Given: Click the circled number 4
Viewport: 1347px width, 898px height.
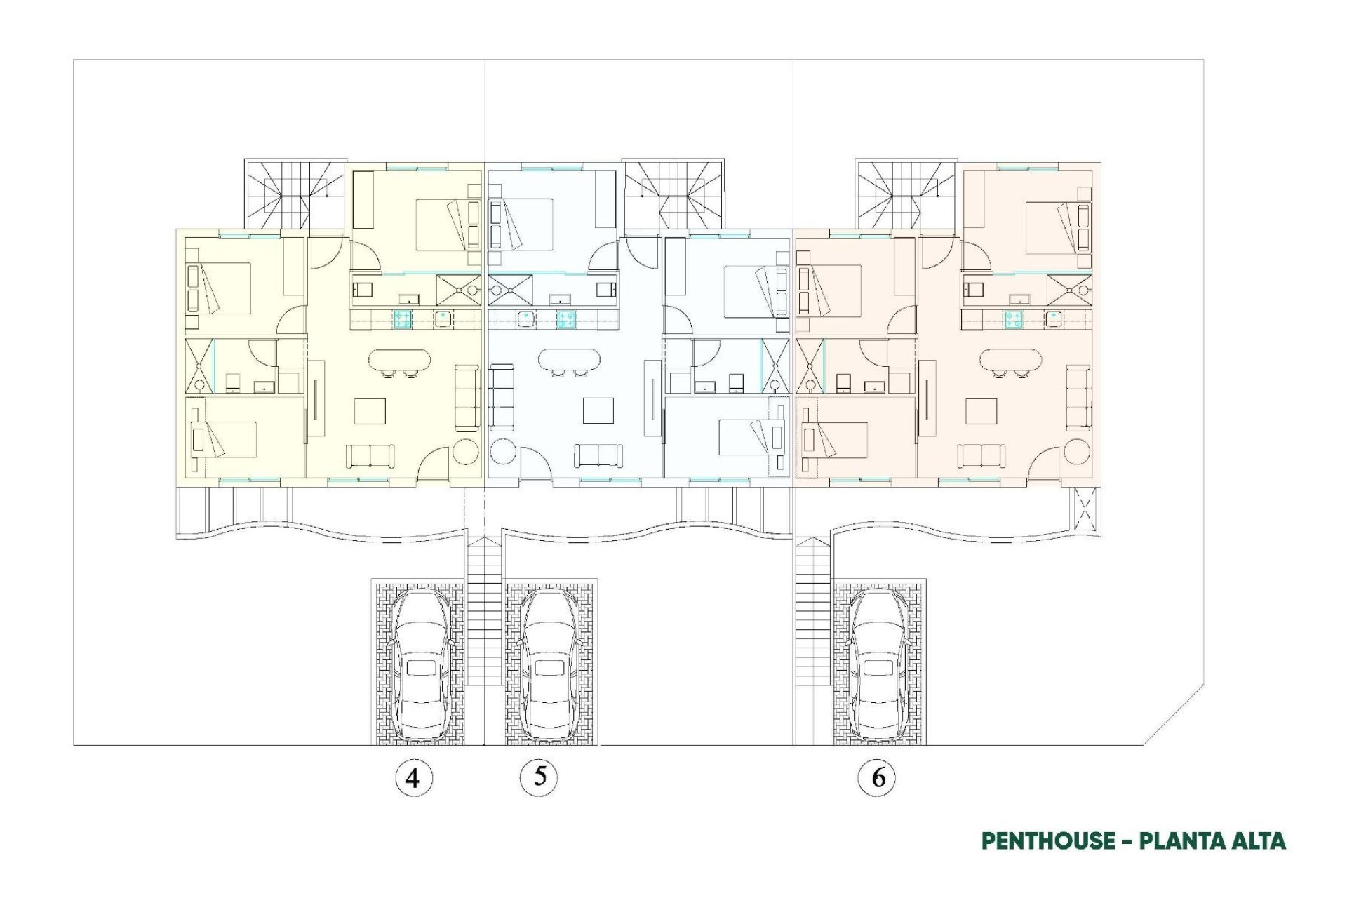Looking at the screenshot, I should [413, 777].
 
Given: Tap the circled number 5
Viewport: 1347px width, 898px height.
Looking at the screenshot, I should [539, 777].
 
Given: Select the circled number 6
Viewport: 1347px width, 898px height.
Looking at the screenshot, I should [877, 777].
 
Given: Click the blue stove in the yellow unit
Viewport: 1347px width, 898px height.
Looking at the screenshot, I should [402, 320].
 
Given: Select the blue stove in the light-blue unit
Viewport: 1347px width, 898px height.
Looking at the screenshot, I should [567, 320].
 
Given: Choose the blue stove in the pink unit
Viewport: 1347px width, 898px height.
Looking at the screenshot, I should [1012, 320].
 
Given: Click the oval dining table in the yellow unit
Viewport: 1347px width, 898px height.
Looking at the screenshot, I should [399, 361].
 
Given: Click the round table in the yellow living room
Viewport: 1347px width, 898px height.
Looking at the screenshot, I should [465, 452].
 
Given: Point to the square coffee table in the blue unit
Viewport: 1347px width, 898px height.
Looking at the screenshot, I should [598, 411].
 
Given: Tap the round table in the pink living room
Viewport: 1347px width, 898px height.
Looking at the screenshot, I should [1077, 452].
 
